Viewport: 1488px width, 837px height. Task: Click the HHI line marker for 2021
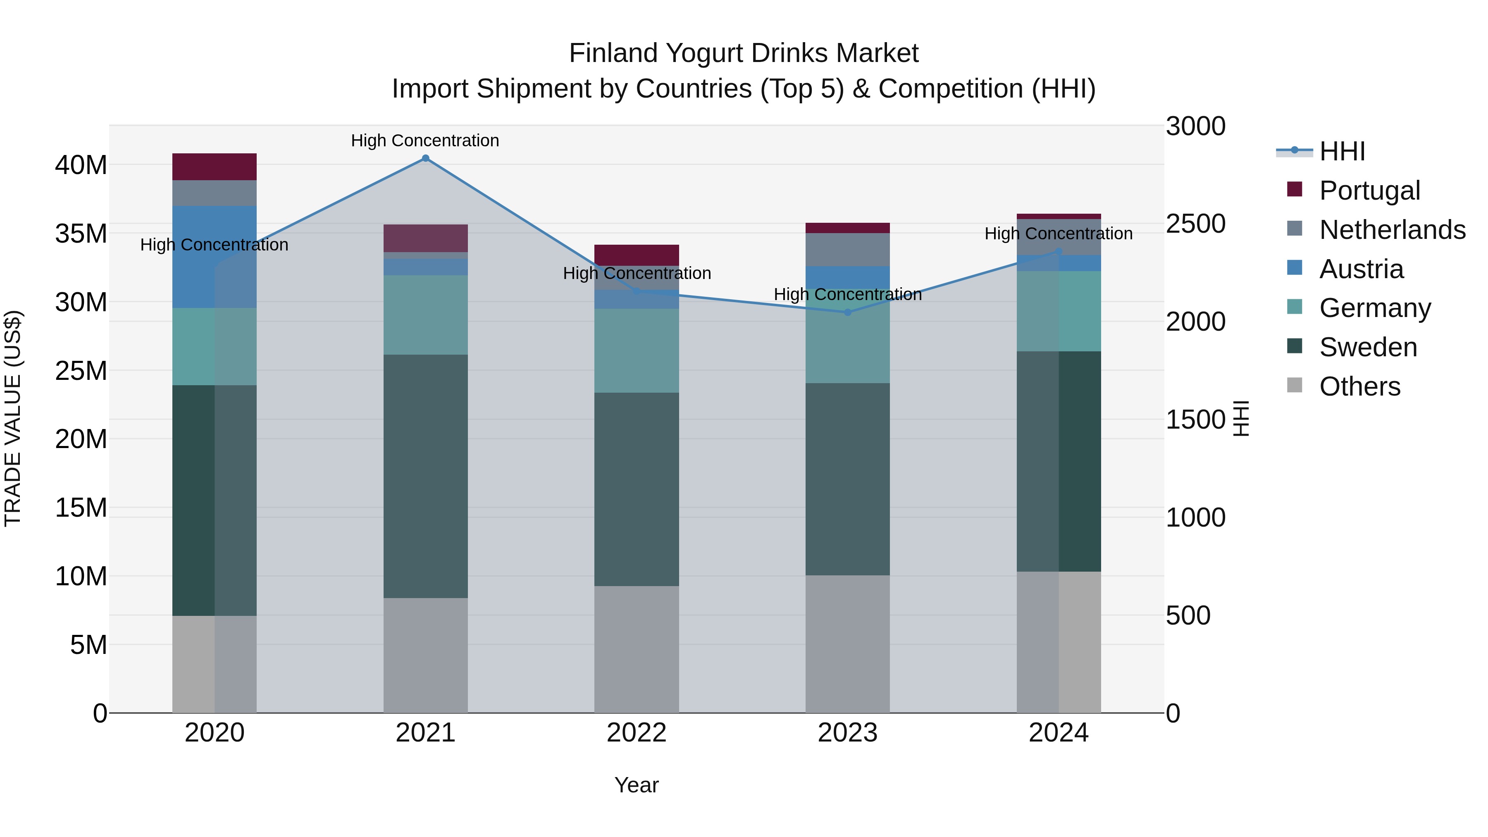click(x=425, y=158)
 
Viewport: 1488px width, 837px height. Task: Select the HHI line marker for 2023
click(x=847, y=312)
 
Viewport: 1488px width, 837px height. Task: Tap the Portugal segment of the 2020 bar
click(x=214, y=167)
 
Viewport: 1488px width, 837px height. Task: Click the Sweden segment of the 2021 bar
click(x=425, y=476)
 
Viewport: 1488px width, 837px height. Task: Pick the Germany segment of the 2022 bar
click(x=637, y=351)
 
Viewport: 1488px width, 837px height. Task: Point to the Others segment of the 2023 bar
click(x=847, y=644)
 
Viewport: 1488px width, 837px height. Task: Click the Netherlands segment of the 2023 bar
click(x=847, y=250)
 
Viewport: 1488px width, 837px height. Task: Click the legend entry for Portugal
click(x=1369, y=191)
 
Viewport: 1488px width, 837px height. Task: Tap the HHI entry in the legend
click(x=1341, y=151)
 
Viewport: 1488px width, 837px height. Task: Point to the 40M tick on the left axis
click(x=81, y=165)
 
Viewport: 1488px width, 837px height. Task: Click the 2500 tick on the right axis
click(x=1195, y=224)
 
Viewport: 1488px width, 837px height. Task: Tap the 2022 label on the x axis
click(x=637, y=733)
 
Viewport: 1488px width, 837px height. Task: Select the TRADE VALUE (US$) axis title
click(x=13, y=418)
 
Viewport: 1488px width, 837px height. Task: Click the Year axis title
click(x=637, y=785)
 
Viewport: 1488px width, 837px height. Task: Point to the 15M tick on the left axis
click(x=81, y=508)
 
